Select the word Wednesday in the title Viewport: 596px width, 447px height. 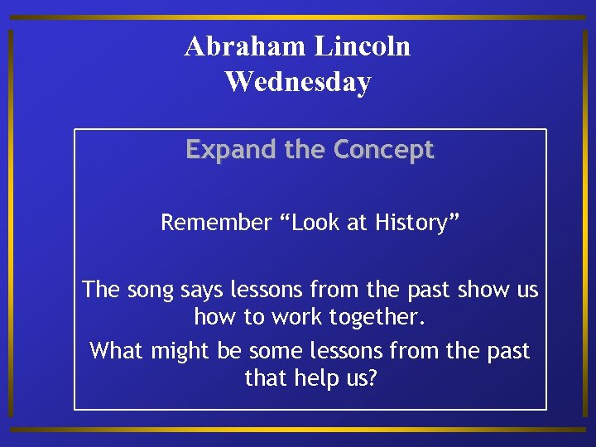298,82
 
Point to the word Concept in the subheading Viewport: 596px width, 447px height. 383,150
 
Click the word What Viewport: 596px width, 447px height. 117,350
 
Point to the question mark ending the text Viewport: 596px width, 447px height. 371,378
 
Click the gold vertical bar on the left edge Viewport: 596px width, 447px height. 10,223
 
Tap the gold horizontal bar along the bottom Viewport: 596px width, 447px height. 298,430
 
